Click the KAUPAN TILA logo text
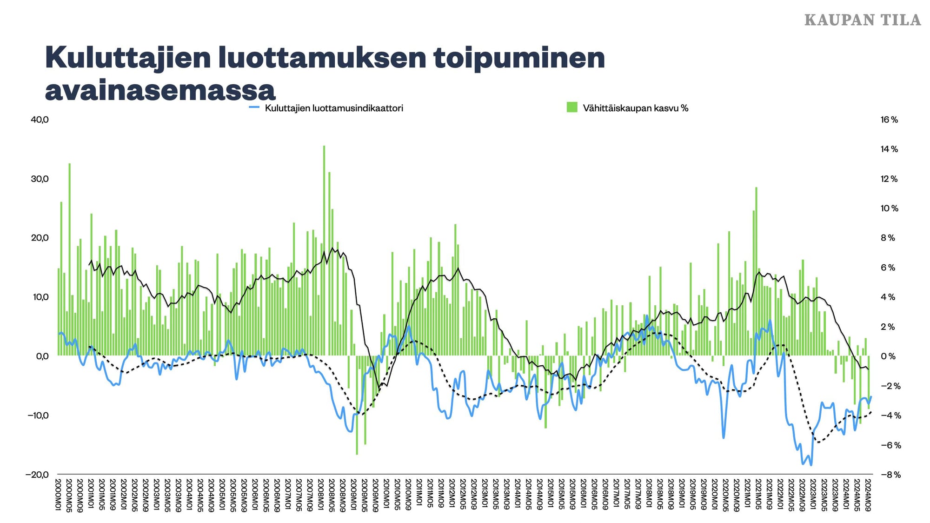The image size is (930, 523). coord(862,20)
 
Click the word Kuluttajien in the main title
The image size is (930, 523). coord(128,58)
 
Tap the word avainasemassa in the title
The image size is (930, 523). coord(160,90)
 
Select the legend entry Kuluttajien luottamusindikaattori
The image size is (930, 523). coord(333,108)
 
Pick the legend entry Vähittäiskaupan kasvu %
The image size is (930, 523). coord(635,108)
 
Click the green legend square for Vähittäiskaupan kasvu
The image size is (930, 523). coord(572,107)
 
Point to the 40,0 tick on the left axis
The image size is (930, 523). coord(40,120)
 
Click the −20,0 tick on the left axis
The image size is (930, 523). coord(37,475)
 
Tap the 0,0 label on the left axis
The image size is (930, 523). coord(42,356)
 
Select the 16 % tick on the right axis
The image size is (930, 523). coord(889,120)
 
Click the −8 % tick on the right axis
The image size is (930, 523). coord(890,475)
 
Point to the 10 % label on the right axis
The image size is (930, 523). coord(889,208)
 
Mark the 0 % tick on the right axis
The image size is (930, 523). coord(888,356)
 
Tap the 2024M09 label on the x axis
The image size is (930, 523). coord(868,495)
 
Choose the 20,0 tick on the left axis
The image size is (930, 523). coord(40,238)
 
